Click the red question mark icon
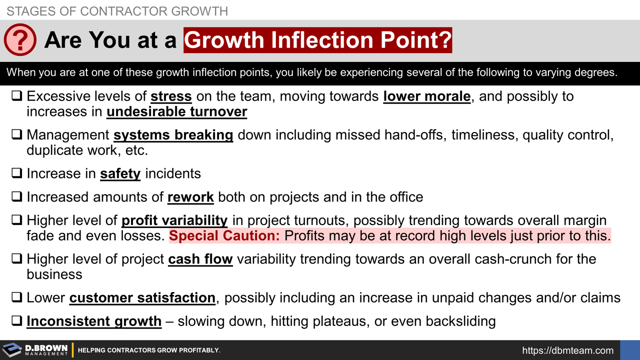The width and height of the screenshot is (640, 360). click(20, 40)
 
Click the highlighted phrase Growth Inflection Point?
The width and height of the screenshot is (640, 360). click(317, 40)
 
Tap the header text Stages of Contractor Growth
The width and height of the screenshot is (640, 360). click(117, 10)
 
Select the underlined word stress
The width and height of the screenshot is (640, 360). click(171, 96)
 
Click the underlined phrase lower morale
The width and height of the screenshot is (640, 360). click(427, 96)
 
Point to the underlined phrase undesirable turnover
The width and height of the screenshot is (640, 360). click(177, 111)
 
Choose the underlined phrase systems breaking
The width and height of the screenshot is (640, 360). click(173, 135)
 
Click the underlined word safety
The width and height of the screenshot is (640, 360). click(120, 173)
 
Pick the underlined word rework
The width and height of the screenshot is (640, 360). click(190, 197)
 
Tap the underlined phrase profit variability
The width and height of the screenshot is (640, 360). click(174, 220)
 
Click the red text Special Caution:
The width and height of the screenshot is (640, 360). click(225, 236)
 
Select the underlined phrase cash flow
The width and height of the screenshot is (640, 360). click(200, 259)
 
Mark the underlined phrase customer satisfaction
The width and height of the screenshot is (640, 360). click(142, 298)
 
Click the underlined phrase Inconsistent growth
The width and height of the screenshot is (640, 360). click(94, 321)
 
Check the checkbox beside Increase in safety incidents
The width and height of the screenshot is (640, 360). click(16, 173)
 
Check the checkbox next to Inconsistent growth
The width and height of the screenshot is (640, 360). click(16, 321)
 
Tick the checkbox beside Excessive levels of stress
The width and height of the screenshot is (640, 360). click(16, 96)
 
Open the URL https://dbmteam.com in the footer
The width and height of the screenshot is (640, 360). click(567, 350)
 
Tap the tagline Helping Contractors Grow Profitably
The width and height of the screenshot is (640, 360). click(149, 350)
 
